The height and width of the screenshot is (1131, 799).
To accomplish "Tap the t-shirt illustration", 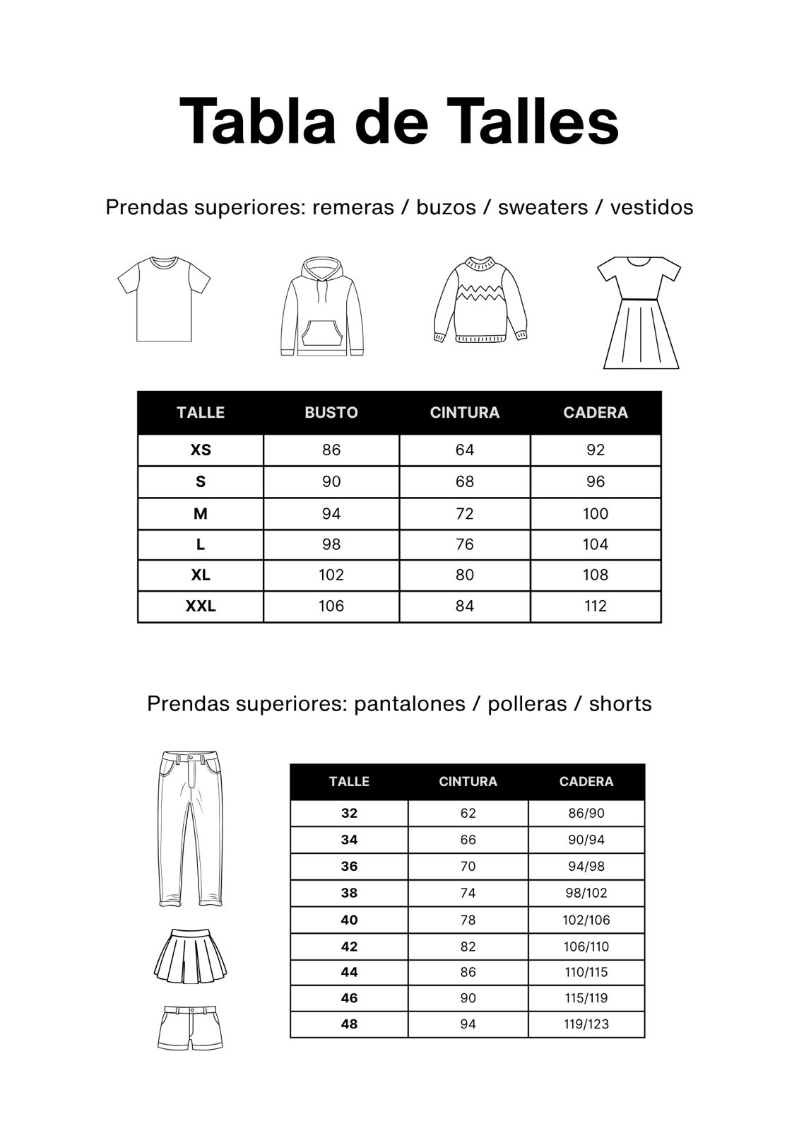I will pyautogui.click(x=164, y=299).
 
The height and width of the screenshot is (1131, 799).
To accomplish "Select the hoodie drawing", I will pyautogui.click(x=321, y=306).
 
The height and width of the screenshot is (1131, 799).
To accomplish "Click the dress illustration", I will pyautogui.click(x=640, y=312).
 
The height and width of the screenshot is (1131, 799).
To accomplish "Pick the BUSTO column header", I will pyautogui.click(x=331, y=413).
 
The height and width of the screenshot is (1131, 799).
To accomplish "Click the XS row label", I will pyautogui.click(x=201, y=450).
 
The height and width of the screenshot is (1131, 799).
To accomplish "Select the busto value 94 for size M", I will pyautogui.click(x=331, y=514).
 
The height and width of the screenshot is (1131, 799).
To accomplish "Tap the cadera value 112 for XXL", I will pyautogui.click(x=596, y=606).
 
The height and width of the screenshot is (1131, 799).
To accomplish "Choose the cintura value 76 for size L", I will pyautogui.click(x=464, y=545).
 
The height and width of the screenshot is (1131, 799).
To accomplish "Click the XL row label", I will pyautogui.click(x=201, y=575).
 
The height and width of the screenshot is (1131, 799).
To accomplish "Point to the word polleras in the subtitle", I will pyautogui.click(x=527, y=704).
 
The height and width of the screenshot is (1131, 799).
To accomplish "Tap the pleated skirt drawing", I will pyautogui.click(x=190, y=956).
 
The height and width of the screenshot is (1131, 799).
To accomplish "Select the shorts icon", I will pyautogui.click(x=190, y=1028).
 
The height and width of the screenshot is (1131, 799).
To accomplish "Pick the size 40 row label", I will pyautogui.click(x=349, y=920).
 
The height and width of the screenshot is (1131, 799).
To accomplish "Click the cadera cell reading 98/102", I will pyautogui.click(x=586, y=893).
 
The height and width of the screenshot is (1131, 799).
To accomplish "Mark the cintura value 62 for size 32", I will pyautogui.click(x=468, y=814).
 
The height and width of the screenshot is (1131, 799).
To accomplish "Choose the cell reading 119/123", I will pyautogui.click(x=586, y=1024).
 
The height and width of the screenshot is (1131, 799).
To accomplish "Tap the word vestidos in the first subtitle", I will pyautogui.click(x=651, y=208).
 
